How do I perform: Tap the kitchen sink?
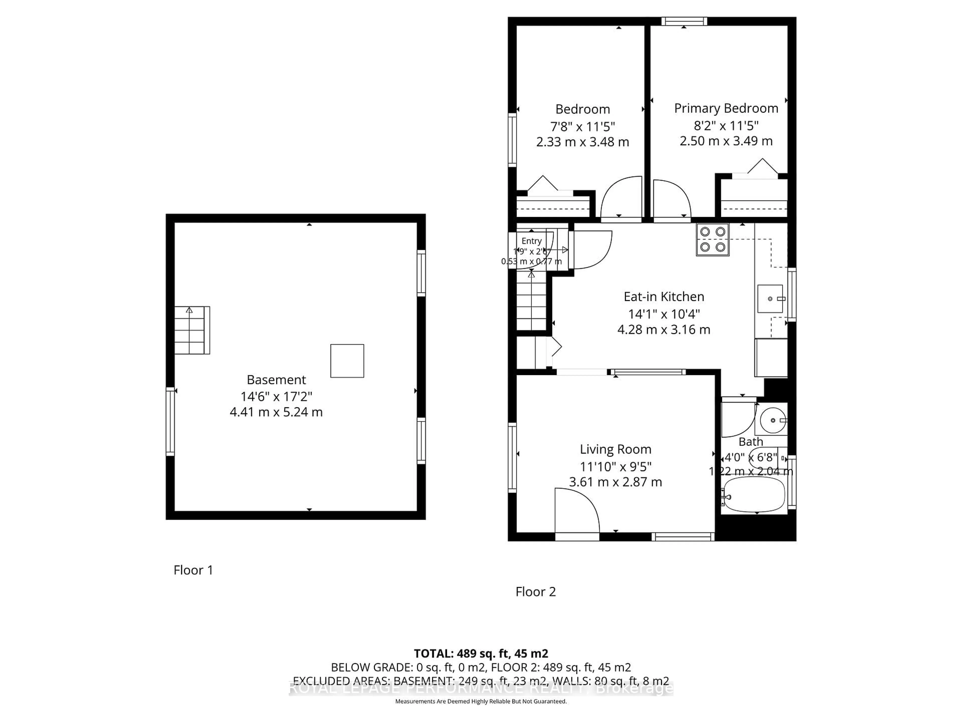point(770,299)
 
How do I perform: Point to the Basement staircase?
point(190,330)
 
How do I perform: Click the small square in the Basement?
point(347,361)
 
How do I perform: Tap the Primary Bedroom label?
point(726,108)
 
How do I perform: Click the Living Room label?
point(615,449)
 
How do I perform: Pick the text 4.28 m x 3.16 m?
point(664,329)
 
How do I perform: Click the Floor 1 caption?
point(193,570)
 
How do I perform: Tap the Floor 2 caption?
point(535,592)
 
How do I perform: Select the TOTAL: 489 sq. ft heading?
point(480,654)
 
